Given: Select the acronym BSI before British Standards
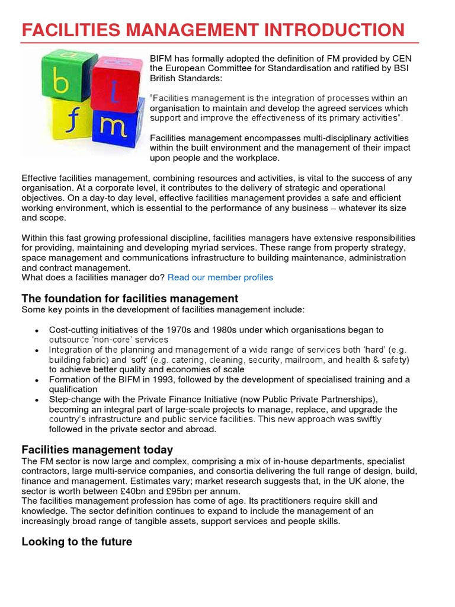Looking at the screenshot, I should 400,68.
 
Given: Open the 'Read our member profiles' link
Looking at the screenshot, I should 220,277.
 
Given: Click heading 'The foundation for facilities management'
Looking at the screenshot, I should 130,299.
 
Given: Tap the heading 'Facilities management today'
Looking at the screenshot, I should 97,450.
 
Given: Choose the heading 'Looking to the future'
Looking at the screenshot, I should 77,542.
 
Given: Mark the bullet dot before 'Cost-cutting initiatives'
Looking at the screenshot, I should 37,330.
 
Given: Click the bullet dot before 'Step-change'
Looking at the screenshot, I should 37,400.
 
